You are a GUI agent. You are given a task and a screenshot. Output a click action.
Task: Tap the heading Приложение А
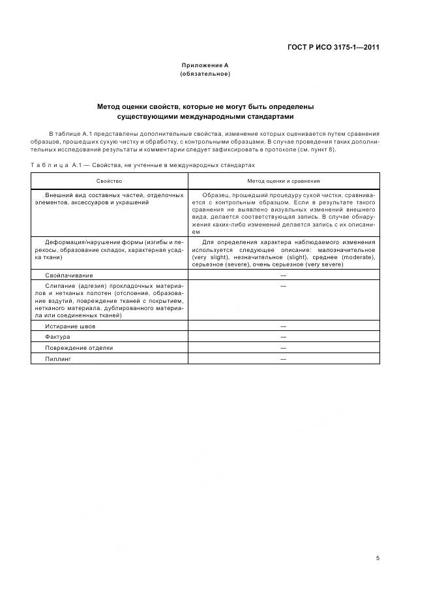tap(205, 66)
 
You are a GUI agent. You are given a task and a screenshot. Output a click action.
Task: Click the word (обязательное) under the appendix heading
tap(205, 74)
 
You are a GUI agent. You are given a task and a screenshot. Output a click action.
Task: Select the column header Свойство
tap(110, 181)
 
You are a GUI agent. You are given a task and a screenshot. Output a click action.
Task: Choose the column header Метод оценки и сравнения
tap(283, 181)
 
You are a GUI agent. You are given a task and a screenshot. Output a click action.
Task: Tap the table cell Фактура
tap(57, 337)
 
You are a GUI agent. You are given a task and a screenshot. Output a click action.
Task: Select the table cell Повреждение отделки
tap(79, 348)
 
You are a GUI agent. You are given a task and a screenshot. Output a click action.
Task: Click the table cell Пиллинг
tap(57, 359)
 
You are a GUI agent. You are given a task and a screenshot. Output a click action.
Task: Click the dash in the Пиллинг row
tap(283, 359)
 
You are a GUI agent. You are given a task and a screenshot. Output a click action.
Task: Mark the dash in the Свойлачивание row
tap(283, 275)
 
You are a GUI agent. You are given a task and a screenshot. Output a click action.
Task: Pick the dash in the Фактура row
tap(283, 337)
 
